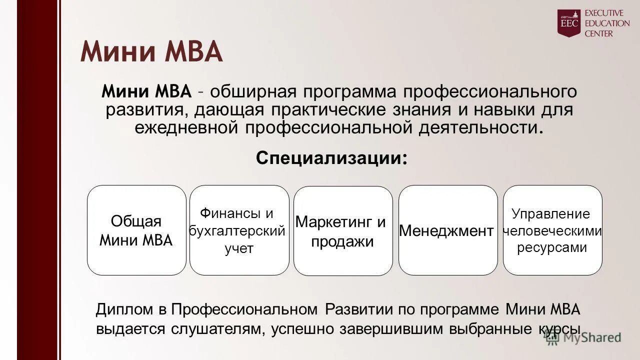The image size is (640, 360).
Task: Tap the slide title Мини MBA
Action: (x=151, y=51)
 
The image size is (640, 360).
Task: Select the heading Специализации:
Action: (x=331, y=158)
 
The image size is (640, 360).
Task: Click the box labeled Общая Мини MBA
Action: (x=136, y=230)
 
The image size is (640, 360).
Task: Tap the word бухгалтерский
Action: (x=237, y=231)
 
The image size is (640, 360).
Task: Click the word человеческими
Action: (x=552, y=230)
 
